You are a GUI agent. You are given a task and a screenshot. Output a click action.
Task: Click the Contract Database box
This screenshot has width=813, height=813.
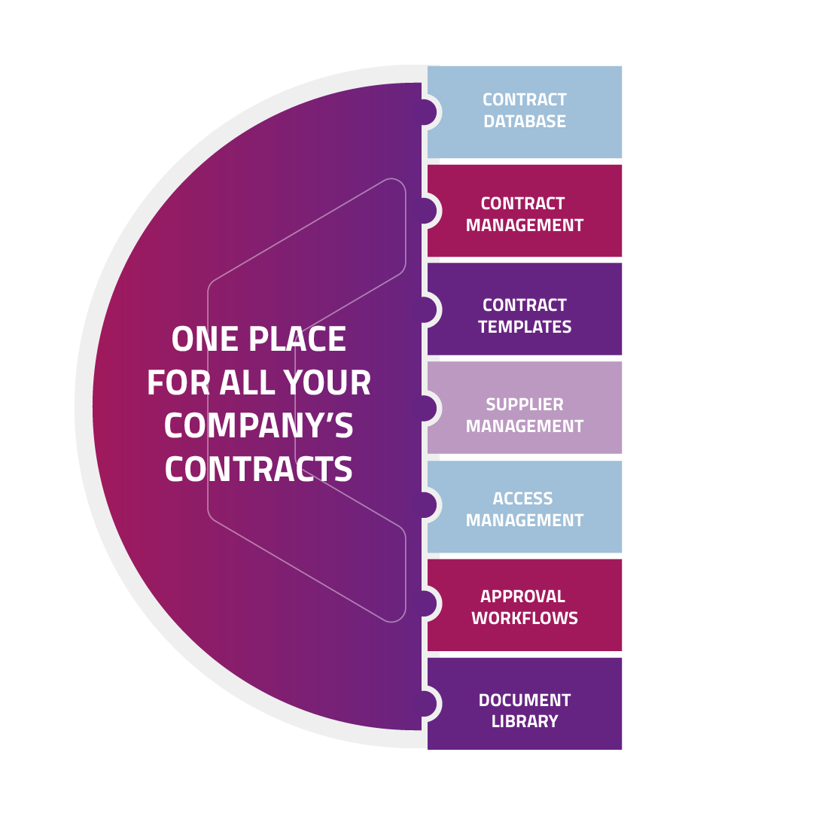pos(524,112)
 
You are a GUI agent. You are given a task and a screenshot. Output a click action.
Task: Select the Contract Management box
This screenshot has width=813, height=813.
pos(524,211)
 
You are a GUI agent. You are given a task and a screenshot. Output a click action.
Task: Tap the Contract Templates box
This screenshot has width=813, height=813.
pos(524,309)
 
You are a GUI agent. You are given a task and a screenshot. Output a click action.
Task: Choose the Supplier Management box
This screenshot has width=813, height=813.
pos(524,407)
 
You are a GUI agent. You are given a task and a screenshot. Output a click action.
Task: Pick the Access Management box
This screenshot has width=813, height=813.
pos(524,507)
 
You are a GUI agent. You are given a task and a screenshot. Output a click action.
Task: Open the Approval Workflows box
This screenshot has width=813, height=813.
pos(524,605)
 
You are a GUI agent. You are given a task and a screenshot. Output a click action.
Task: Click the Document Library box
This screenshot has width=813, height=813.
pos(524,704)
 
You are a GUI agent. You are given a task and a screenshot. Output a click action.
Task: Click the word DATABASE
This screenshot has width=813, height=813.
pos(525,121)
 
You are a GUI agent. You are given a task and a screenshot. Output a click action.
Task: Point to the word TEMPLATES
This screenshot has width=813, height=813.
pos(525,327)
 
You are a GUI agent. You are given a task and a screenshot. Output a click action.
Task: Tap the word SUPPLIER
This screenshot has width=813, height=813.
pos(525,404)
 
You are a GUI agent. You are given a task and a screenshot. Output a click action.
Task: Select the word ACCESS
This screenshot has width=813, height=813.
pos(522,498)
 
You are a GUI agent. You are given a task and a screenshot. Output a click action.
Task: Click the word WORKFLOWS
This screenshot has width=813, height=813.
pos(525,618)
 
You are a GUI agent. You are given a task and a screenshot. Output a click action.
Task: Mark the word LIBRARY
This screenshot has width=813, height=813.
pos(525,721)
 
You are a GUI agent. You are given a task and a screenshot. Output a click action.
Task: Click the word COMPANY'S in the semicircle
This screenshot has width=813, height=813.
pos(259,425)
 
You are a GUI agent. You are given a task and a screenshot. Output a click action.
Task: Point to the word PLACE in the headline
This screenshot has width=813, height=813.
pos(297,339)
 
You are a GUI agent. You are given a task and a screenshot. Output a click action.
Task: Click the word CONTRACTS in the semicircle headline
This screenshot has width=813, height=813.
pos(259,469)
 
